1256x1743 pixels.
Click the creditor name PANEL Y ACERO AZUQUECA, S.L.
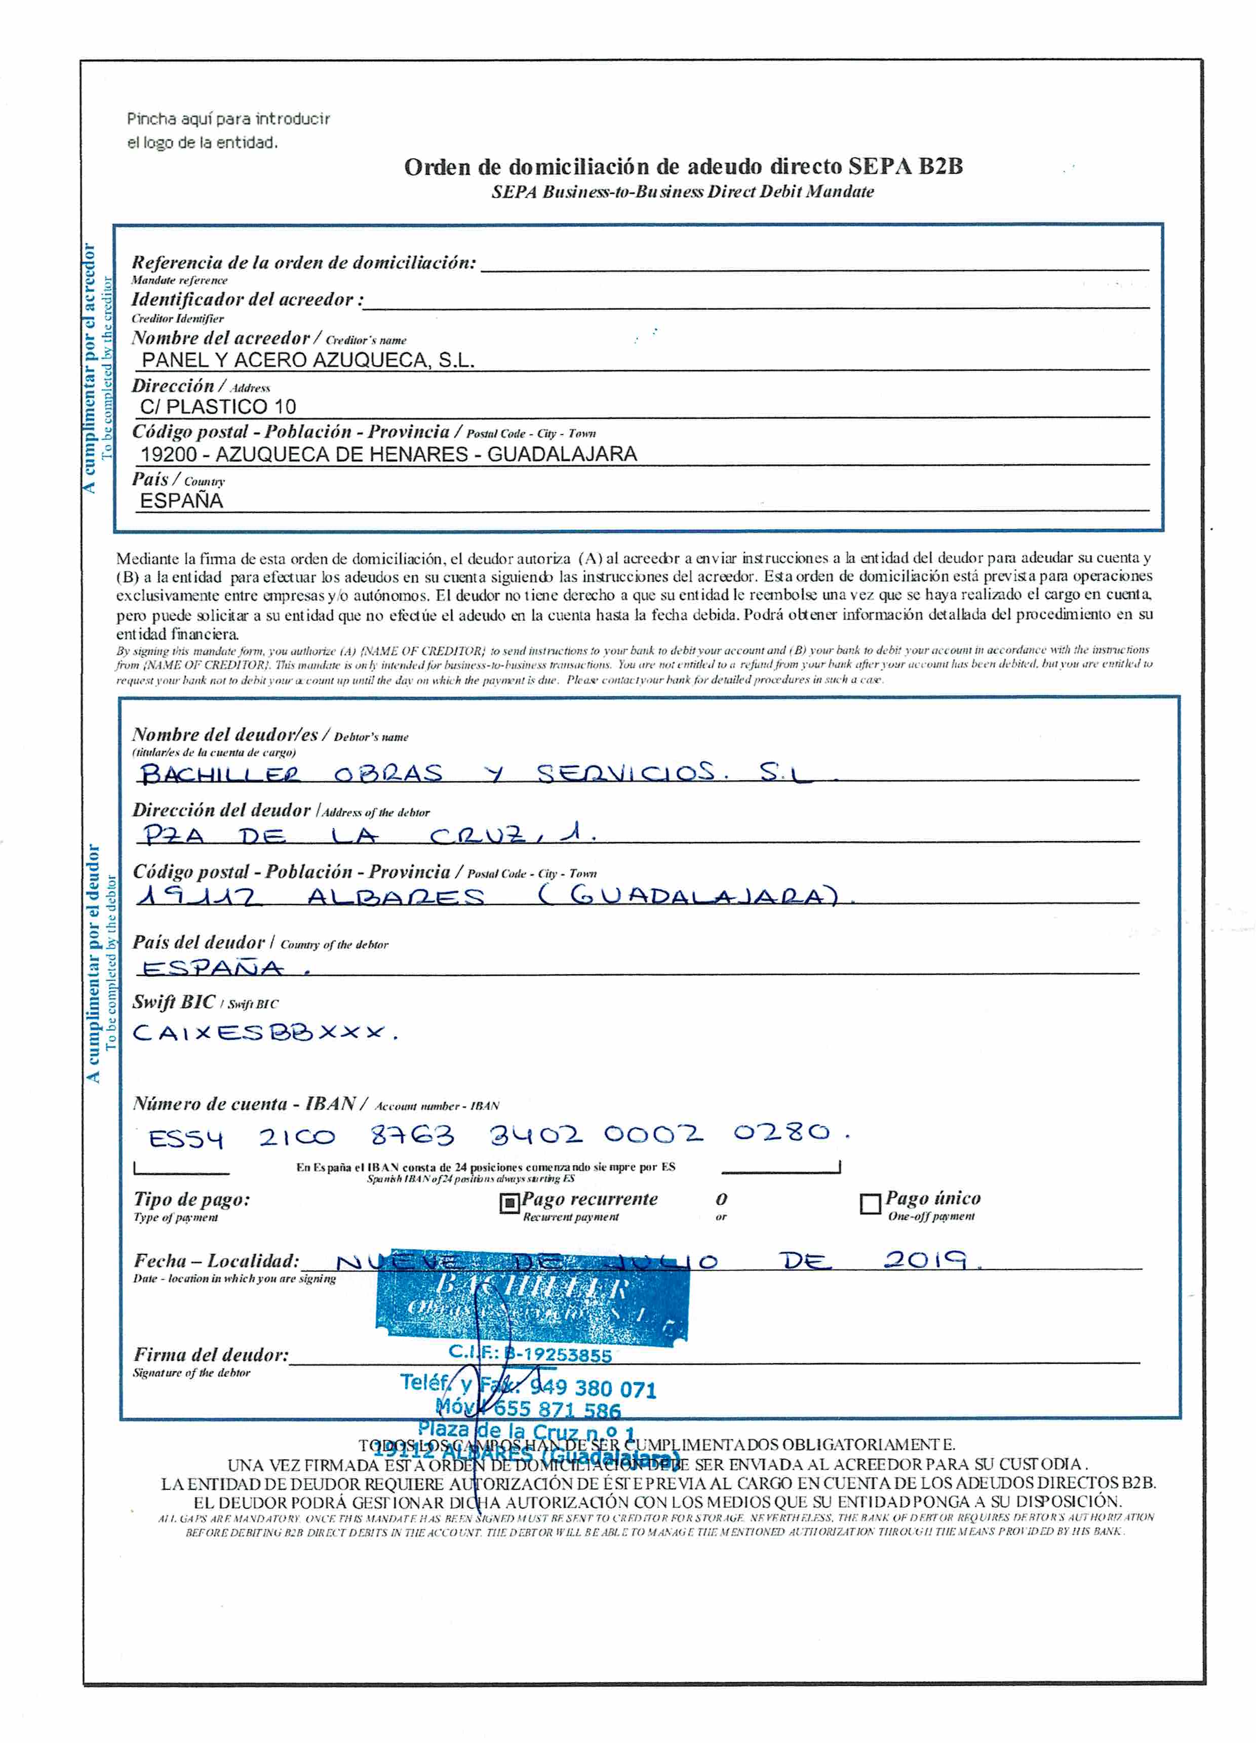pyautogui.click(x=307, y=360)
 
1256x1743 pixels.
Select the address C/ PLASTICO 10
pyautogui.click(x=218, y=407)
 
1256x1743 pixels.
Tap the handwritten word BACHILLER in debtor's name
pyautogui.click(x=221, y=773)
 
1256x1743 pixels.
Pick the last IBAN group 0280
pyautogui.click(x=782, y=1133)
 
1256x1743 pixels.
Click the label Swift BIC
pyautogui.click(x=174, y=1002)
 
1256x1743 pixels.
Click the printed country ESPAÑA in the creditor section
pyautogui.click(x=181, y=501)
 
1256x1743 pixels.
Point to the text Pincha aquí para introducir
pyautogui.click(x=228, y=118)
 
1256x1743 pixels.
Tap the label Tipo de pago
pyautogui.click(x=191, y=1199)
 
